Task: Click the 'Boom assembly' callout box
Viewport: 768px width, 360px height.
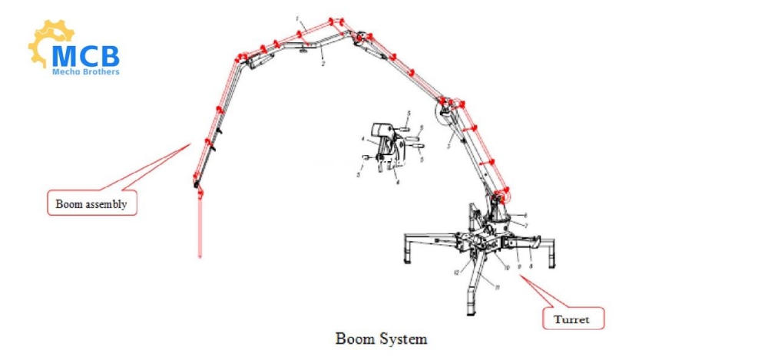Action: [x=91, y=204]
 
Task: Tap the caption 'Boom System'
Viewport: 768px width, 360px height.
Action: [x=381, y=338]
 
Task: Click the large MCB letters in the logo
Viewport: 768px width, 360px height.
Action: [x=85, y=54]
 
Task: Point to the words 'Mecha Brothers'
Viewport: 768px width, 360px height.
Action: [x=85, y=71]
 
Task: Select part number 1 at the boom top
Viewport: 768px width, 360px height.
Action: [x=298, y=16]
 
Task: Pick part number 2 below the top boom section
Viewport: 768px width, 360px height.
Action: [x=323, y=64]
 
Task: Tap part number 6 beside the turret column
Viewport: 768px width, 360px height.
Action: [x=524, y=214]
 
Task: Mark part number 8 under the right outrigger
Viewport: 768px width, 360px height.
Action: [x=531, y=265]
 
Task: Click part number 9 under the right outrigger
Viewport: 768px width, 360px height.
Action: [x=520, y=266]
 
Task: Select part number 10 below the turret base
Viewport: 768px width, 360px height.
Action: [x=508, y=266]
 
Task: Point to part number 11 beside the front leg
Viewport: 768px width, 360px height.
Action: [x=498, y=287]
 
